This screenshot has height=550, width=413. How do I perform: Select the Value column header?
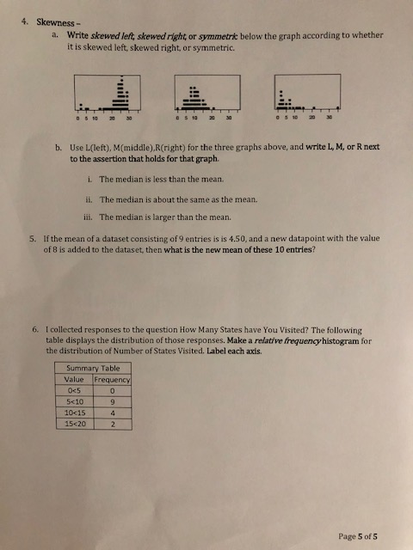pyautogui.click(x=73, y=378)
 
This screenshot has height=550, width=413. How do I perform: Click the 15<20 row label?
pyautogui.click(x=73, y=423)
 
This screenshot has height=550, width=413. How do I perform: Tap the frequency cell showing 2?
pyautogui.click(x=113, y=423)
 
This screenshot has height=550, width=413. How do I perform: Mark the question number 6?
pyautogui.click(x=32, y=329)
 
